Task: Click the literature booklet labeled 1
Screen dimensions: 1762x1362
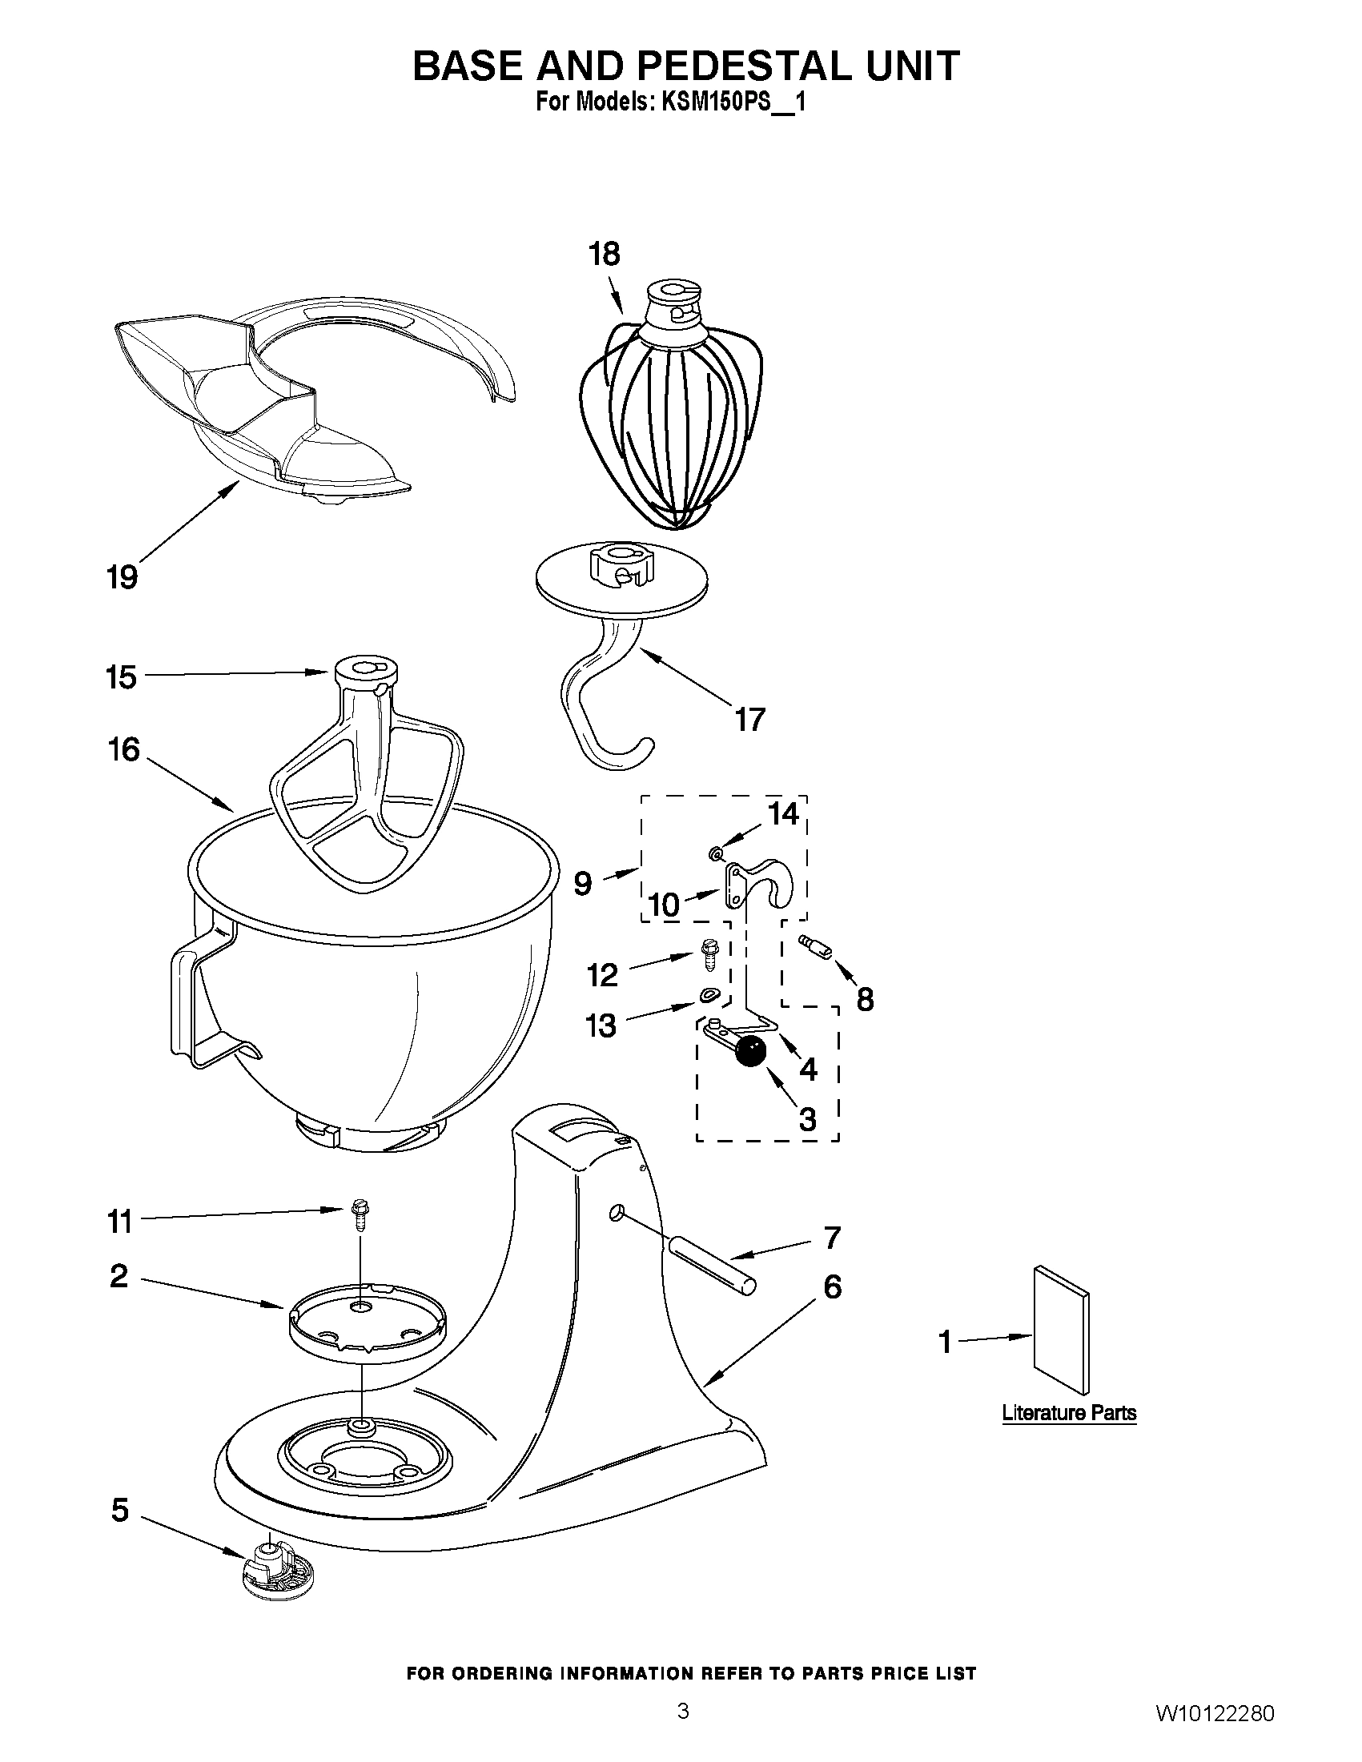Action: click(x=1060, y=1329)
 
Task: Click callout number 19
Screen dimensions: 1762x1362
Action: click(x=123, y=577)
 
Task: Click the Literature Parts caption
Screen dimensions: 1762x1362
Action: click(x=1068, y=1413)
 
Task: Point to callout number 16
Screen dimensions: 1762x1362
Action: click(x=123, y=749)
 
